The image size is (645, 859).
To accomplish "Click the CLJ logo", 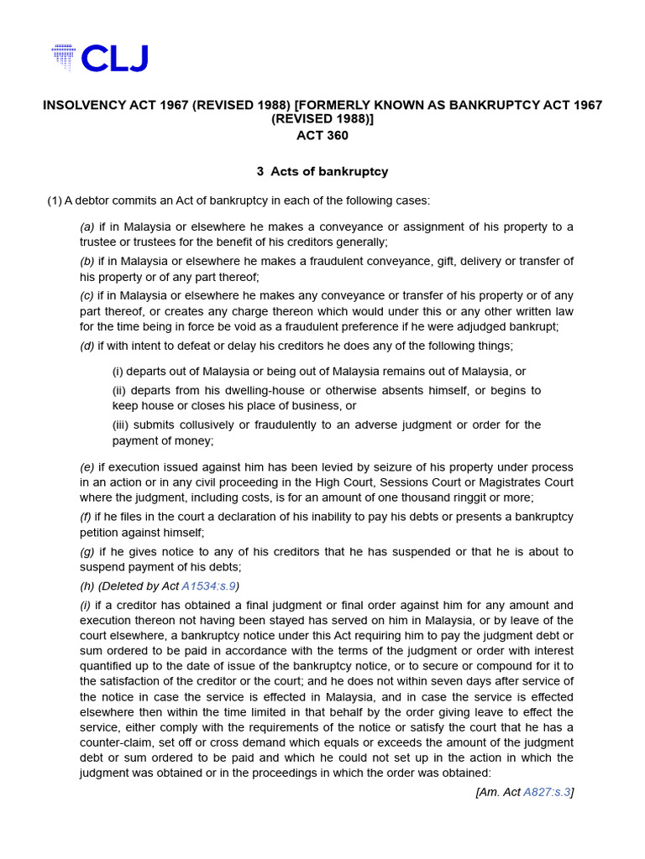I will [x=99, y=58].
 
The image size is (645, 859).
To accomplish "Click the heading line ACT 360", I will [x=322, y=135].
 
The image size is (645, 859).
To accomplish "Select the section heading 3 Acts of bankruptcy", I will [x=322, y=171].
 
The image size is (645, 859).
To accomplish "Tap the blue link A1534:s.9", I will [x=212, y=586].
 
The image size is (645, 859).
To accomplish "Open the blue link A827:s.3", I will [x=546, y=791].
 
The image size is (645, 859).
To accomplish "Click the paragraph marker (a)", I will [x=87, y=227].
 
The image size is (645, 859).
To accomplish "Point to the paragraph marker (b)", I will [x=87, y=261].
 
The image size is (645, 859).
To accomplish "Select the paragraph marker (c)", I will [x=87, y=295].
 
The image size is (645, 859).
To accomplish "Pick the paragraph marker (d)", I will [x=87, y=345].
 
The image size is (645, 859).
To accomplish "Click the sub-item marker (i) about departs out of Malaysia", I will [x=118, y=371].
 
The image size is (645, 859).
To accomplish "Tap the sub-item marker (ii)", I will [x=119, y=391].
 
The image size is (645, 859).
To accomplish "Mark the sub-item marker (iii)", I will [x=121, y=424].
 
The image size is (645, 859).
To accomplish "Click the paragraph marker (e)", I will [x=87, y=466].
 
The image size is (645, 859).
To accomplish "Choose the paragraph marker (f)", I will [x=87, y=517].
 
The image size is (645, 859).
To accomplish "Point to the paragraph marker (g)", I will [x=87, y=551].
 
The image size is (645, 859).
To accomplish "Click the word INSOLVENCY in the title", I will [x=82, y=105].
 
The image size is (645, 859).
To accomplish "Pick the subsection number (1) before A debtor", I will [x=55, y=200].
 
